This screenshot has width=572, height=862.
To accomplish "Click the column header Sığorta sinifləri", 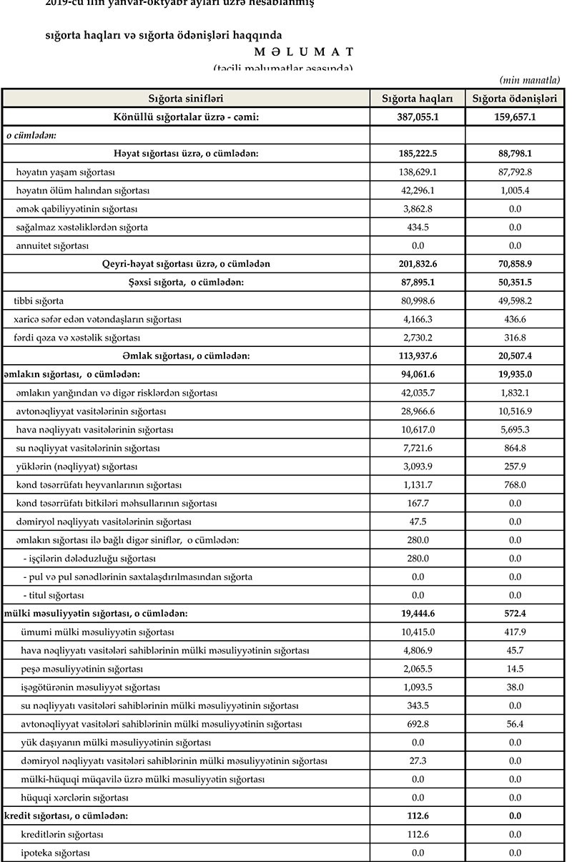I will click(186, 98).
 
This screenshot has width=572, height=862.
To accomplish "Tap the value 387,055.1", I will click(418, 117).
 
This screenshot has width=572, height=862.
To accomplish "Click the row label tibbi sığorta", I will click(44, 301).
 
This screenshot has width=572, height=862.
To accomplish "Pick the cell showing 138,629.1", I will click(418, 172).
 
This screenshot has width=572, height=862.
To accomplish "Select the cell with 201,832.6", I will click(418, 264).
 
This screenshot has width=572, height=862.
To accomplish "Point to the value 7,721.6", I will click(418, 448).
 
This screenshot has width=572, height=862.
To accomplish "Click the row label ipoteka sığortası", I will click(56, 853).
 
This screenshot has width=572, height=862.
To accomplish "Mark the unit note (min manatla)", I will click(529, 79).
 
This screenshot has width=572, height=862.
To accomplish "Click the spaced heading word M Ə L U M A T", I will click(304, 52).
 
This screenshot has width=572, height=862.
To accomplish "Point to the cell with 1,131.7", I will click(418, 485).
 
